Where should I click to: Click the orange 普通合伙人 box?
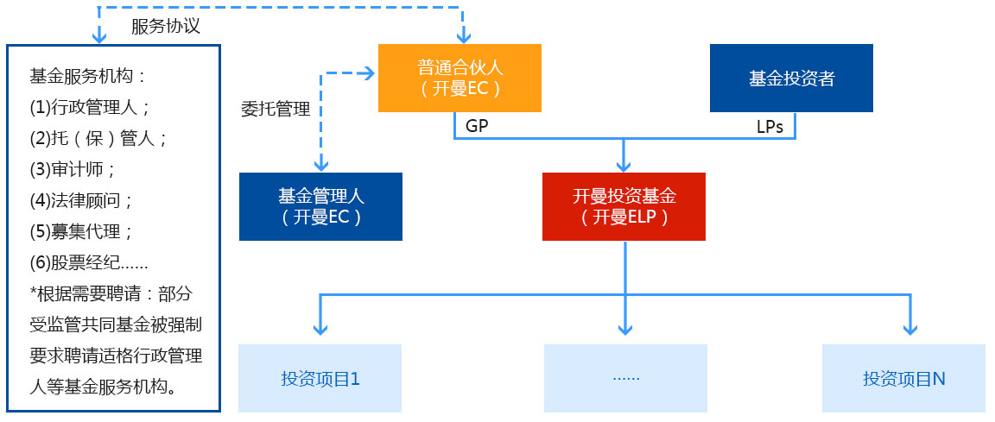click(459, 77)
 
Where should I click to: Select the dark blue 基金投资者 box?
click(791, 79)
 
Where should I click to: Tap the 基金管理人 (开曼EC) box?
click(320, 206)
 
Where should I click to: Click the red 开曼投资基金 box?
click(624, 206)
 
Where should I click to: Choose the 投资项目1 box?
click(320, 378)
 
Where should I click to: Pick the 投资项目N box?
click(903, 378)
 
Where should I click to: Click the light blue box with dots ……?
click(624, 378)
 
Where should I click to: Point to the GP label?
click(478, 126)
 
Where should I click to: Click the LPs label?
click(769, 126)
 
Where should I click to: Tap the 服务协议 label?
click(166, 27)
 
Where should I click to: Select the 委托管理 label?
click(276, 110)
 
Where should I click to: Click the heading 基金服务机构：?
click(88, 76)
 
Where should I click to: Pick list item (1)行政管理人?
click(91, 107)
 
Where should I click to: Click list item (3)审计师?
click(73, 169)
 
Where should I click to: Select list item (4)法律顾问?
click(82, 200)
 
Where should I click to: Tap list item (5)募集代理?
click(82, 231)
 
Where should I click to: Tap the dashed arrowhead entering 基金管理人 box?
click(320, 164)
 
